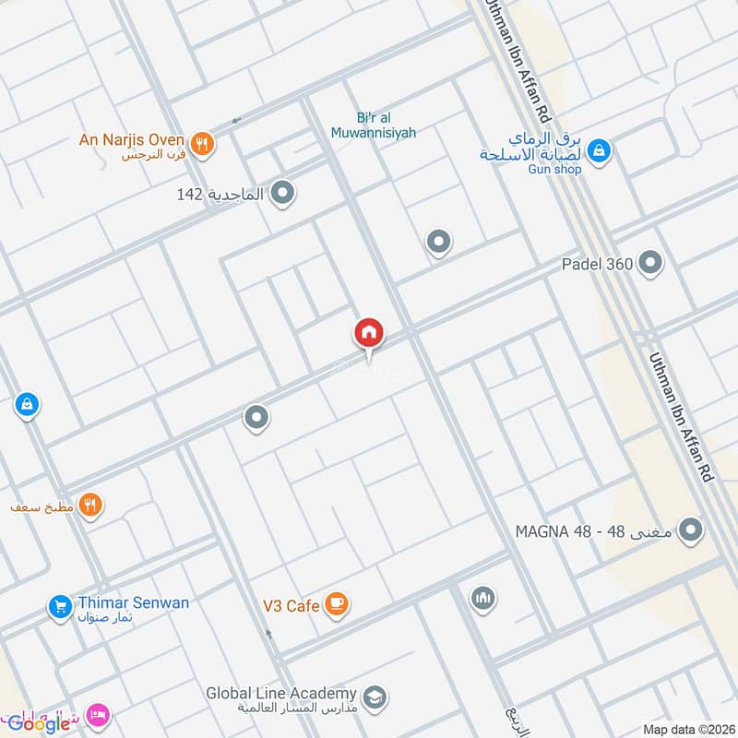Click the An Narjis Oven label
[132, 139]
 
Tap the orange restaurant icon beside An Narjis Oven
[204, 143]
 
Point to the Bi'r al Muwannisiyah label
[373, 125]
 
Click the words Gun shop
[554, 169]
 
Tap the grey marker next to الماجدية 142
[283, 194]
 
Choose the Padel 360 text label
[597, 265]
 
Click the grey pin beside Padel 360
[650, 264]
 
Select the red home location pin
[369, 333]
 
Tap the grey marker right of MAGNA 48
[690, 530]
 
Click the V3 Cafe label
[290, 605]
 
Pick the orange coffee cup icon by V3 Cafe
[337, 604]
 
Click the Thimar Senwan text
[133, 602]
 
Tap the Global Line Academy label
[280, 693]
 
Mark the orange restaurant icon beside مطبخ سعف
[89, 505]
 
